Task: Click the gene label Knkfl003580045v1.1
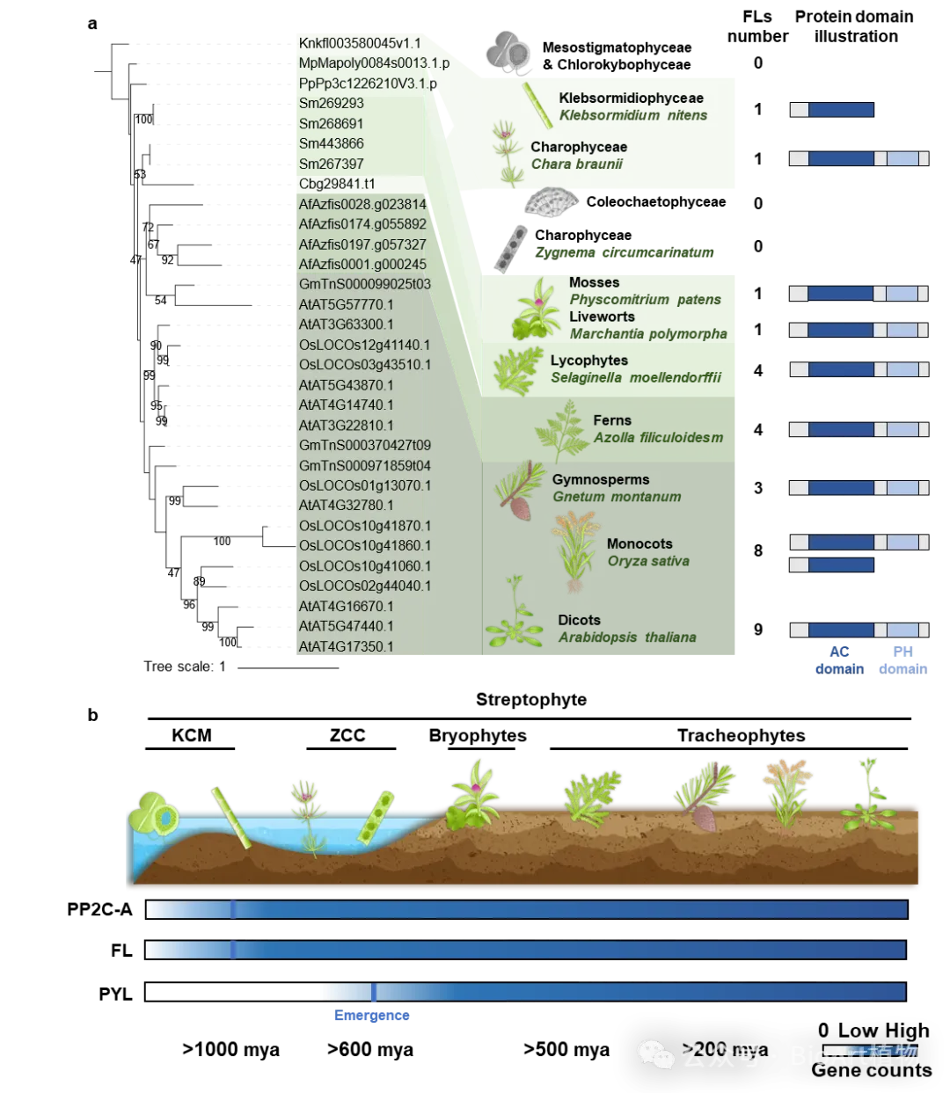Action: (360, 43)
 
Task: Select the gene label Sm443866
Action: (332, 143)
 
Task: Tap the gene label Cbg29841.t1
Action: (337, 184)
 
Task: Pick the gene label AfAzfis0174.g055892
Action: (362, 224)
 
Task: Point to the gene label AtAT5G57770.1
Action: (347, 304)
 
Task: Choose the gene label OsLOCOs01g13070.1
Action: (364, 485)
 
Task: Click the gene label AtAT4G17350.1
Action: (347, 646)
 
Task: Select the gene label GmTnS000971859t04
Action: (364, 465)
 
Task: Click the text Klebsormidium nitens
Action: (633, 115)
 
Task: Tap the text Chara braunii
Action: (577, 164)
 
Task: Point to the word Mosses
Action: (594, 282)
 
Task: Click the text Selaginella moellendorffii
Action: (636, 377)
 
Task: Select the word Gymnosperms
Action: (601, 479)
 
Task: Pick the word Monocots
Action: (639, 543)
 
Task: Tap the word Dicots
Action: (579, 620)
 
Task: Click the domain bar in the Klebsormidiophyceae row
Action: (832, 110)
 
